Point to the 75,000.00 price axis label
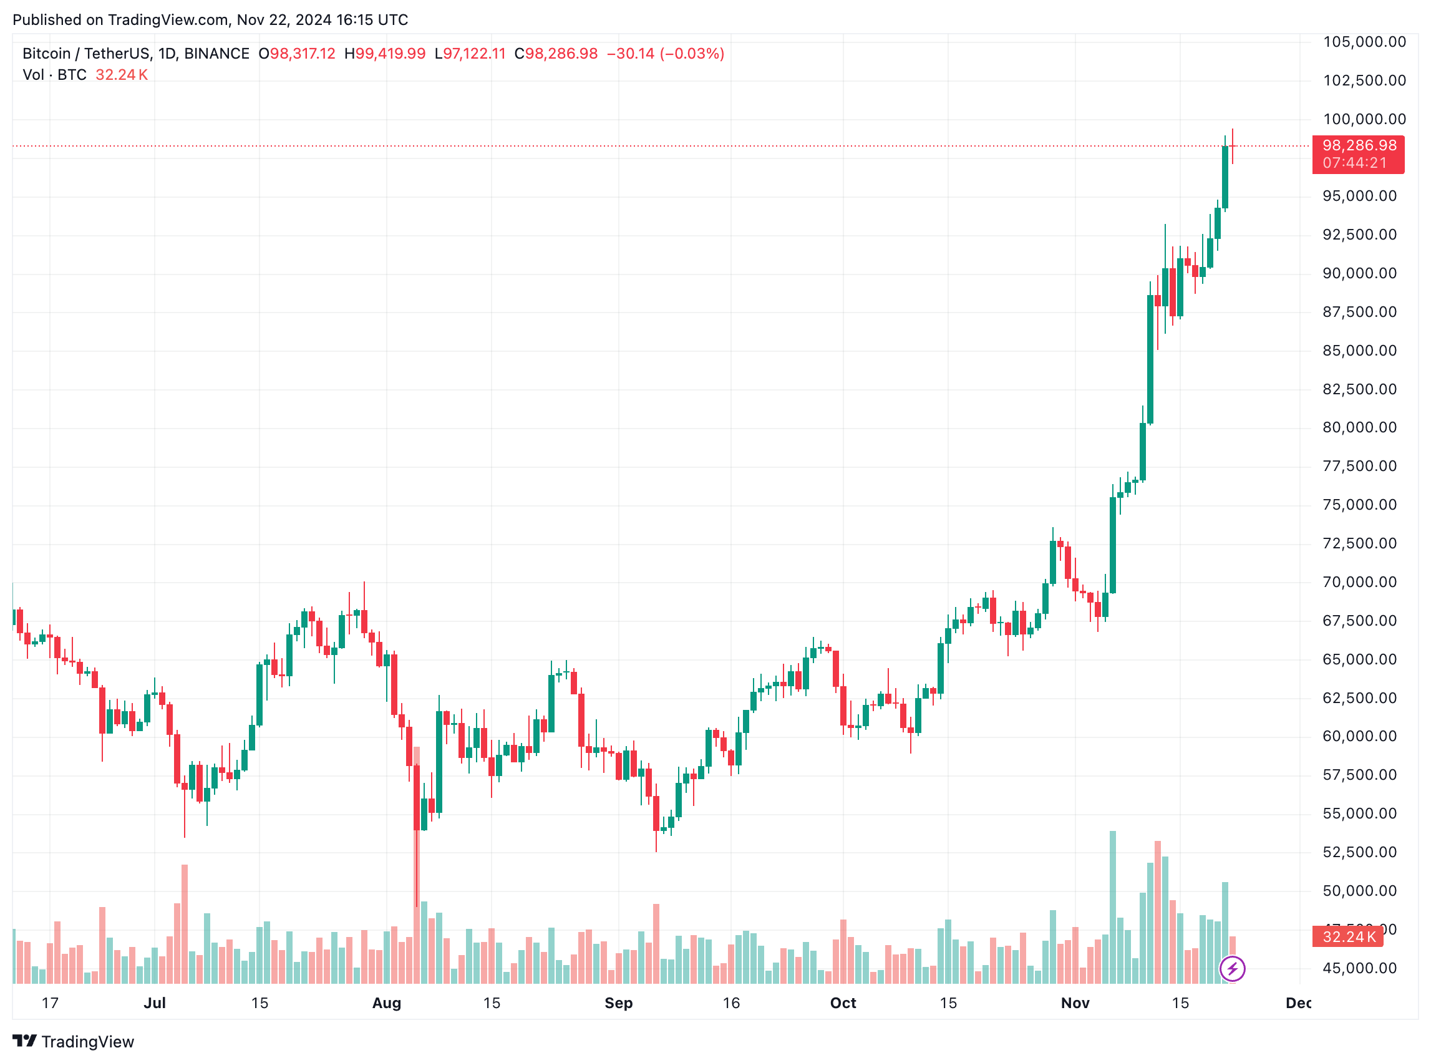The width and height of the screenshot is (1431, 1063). click(1359, 505)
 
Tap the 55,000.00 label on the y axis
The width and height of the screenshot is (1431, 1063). click(1359, 814)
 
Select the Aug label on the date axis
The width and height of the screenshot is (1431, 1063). click(387, 1003)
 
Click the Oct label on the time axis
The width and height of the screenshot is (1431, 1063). click(843, 1003)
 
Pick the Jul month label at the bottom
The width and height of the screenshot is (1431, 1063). click(155, 1003)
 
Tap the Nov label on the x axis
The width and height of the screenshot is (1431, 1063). click(1075, 1003)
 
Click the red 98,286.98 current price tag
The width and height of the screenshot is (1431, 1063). click(1358, 146)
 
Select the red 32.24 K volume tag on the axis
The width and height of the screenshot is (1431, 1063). click(1348, 937)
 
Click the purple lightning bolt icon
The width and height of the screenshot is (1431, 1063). click(1232, 969)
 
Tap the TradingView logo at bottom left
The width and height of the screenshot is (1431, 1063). click(74, 1042)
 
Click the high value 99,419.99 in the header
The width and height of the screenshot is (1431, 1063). click(390, 54)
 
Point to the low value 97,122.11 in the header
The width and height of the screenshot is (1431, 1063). click(474, 54)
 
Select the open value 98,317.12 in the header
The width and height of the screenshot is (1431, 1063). click(303, 54)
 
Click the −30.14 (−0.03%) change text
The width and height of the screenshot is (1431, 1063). click(666, 54)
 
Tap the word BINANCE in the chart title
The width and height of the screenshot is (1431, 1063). click(217, 54)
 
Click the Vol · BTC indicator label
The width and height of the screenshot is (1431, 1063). click(55, 75)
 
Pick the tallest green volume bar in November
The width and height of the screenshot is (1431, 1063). click(1112, 907)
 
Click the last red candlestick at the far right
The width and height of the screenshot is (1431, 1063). click(1232, 147)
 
